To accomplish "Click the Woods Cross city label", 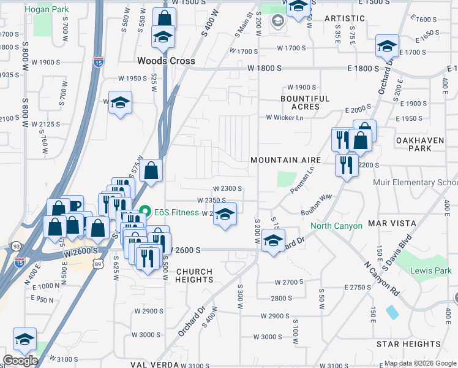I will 166,61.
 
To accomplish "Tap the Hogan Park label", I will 45,10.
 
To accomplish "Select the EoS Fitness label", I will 173,213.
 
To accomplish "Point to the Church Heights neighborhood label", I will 194,275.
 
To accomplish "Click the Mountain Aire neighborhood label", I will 285,160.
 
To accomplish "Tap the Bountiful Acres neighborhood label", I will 305,102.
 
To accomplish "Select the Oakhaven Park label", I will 419,144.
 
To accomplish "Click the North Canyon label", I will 336,226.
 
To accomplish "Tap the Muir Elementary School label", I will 415,182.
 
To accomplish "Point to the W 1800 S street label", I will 265,68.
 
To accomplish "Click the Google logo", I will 20,361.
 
